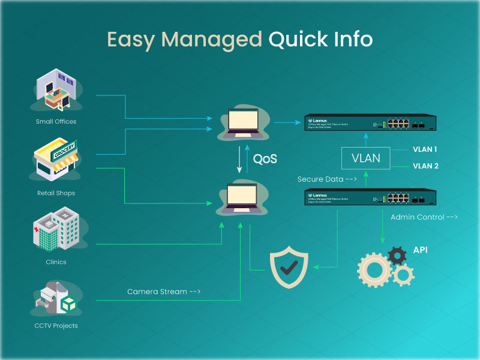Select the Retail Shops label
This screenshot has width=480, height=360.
tap(56, 193)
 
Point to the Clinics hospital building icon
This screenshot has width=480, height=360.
tap(56, 229)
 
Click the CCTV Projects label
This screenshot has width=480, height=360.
tap(56, 326)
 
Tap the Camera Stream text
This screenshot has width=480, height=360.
tap(163, 292)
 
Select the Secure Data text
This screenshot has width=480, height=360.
tap(327, 179)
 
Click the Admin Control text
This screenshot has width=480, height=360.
tap(424, 217)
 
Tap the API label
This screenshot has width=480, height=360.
tap(421, 249)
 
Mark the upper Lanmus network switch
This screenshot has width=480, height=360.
tap(370, 122)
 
